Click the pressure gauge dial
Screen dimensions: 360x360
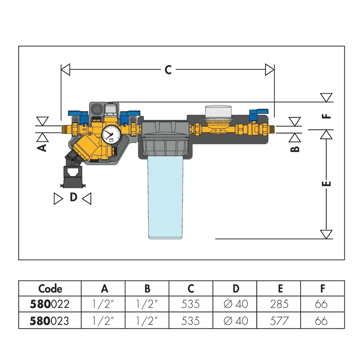[111, 134]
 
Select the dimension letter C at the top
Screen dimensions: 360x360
[168, 70]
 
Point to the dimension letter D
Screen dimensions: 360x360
[73, 197]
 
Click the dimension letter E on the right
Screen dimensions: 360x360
[326, 183]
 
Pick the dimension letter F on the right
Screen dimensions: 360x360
[326, 116]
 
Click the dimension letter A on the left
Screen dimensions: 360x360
[43, 147]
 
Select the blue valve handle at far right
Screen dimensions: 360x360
[258, 112]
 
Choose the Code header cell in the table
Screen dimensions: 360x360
[50, 289]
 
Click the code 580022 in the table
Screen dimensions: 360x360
[50, 304]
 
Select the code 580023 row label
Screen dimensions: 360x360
[50, 321]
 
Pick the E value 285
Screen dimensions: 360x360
[279, 304]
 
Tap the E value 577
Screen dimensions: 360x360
[279, 321]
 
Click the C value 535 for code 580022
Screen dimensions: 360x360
[190, 304]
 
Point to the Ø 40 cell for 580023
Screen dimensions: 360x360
[235, 321]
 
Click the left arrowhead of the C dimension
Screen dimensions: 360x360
[65, 70]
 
